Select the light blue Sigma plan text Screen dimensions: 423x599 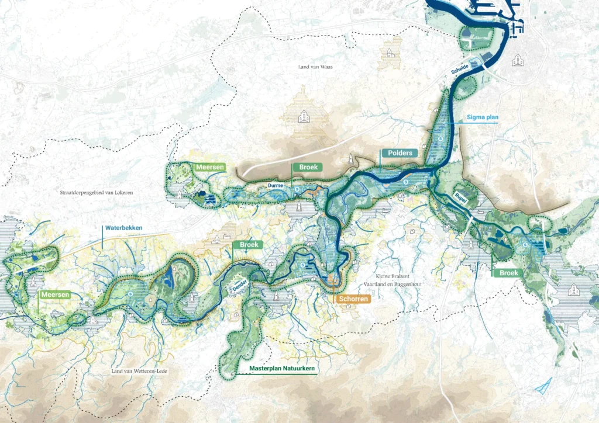(x=483, y=117)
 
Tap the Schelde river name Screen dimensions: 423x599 (x=460, y=69)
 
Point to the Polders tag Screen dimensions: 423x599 (x=400, y=153)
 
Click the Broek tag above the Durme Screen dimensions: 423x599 (x=308, y=167)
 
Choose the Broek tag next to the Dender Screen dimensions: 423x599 (x=248, y=245)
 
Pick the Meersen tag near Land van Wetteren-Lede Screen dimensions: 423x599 (x=56, y=295)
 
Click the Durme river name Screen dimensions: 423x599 (x=275, y=185)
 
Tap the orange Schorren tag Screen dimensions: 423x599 (x=353, y=299)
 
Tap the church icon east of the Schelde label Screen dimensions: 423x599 (x=517, y=60)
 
